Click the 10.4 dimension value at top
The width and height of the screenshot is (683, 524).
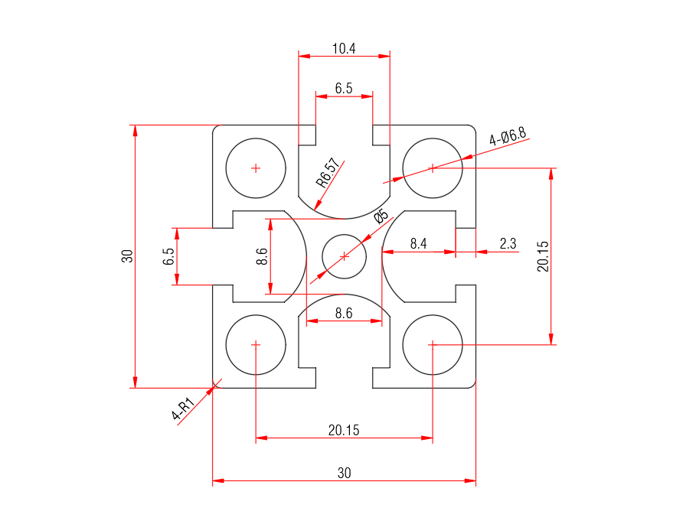(x=344, y=49)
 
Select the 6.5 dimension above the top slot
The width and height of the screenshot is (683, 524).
(x=344, y=89)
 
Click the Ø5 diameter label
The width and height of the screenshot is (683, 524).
(x=381, y=216)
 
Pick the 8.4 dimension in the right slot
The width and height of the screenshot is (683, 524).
(x=418, y=244)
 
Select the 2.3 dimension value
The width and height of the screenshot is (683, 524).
(x=508, y=244)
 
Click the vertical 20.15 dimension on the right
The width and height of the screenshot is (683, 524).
(x=543, y=256)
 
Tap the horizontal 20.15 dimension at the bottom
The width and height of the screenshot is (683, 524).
(x=344, y=431)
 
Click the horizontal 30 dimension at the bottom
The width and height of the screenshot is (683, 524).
(x=344, y=474)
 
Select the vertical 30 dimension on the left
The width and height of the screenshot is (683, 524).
(x=128, y=256)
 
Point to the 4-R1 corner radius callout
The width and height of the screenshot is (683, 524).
(x=182, y=410)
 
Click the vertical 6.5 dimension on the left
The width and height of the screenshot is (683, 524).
(x=168, y=256)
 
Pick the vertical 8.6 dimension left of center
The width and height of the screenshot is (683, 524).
(x=262, y=256)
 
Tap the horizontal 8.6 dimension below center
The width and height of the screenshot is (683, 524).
(x=344, y=314)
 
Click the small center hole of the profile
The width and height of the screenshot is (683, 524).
(x=344, y=256)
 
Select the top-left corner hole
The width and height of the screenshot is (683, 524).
(x=256, y=168)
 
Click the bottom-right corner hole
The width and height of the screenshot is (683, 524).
(x=433, y=345)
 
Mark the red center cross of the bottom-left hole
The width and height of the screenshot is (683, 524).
(x=256, y=345)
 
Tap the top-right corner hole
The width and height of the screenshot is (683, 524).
(x=433, y=168)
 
